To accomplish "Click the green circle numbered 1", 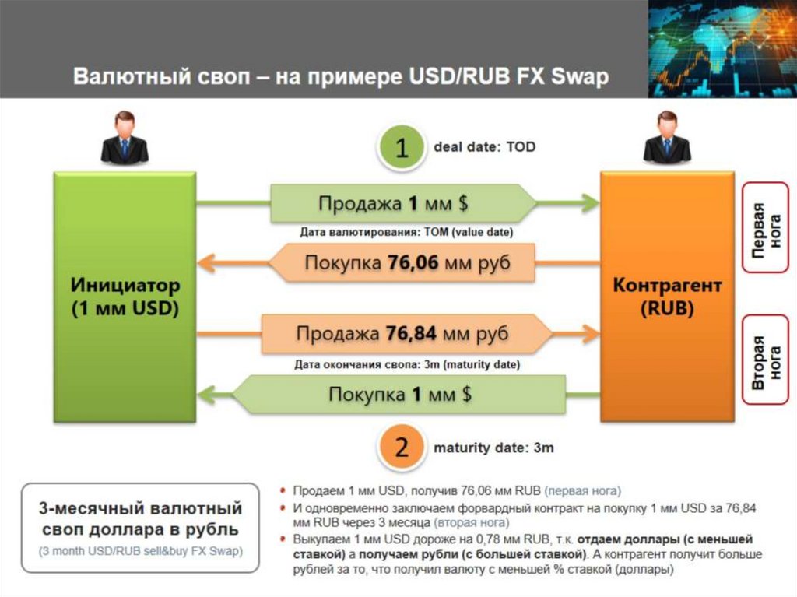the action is click(x=401, y=148).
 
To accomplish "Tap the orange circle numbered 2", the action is click(x=401, y=448).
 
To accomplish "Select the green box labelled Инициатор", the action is click(x=125, y=297).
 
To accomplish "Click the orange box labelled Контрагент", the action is click(x=667, y=297).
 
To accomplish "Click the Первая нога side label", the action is click(x=766, y=227).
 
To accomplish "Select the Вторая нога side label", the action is click(x=766, y=360).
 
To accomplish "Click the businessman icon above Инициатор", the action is click(x=125, y=138).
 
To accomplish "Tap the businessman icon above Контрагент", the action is click(x=667, y=138).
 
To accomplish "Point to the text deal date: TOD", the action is click(x=484, y=146).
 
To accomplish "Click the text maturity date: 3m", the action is click(x=493, y=448).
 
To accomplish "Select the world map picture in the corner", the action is click(x=722, y=48).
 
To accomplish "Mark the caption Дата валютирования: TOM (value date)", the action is click(x=406, y=232).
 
